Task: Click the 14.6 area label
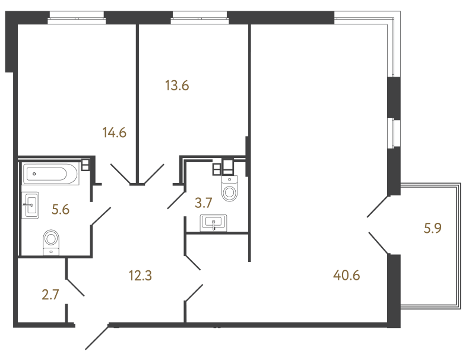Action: pos(114,132)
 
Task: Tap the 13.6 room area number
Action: pos(177,86)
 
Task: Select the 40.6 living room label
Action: pos(347,276)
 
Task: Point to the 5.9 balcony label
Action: pos(433,228)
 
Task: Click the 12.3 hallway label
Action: pos(140,276)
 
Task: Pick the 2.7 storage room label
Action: pos(50,295)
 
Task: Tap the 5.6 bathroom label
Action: pos(61,209)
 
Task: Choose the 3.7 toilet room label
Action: pos(203,203)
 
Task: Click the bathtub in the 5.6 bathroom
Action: pos(50,174)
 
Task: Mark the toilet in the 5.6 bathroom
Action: pos(51,242)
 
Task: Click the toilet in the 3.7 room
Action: pos(230,188)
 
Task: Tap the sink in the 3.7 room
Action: pos(214,223)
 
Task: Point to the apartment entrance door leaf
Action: pos(97,337)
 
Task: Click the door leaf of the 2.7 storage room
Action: pos(75,287)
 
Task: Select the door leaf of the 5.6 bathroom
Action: pos(101,216)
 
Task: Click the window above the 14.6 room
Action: pos(77,17)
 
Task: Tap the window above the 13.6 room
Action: pos(199,17)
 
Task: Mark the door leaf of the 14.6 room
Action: pos(121,174)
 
